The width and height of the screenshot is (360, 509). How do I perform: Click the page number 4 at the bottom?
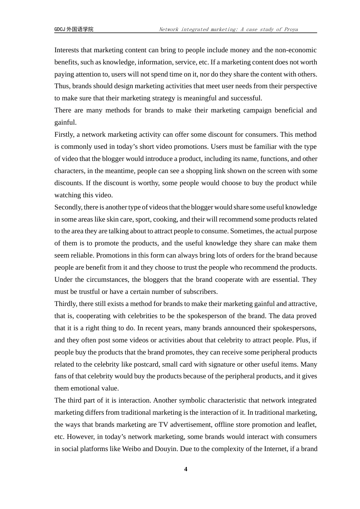[x=185, y=469]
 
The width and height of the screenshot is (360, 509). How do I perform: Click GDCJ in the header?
[x=60, y=29]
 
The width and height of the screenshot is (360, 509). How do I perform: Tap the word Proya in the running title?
[x=291, y=29]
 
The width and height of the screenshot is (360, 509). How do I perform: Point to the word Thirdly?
[x=65, y=304]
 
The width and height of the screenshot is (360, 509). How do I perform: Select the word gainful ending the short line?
[x=65, y=122]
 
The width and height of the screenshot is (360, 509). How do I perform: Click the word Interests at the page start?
[x=67, y=50]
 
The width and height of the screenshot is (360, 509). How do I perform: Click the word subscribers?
[x=200, y=292]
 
